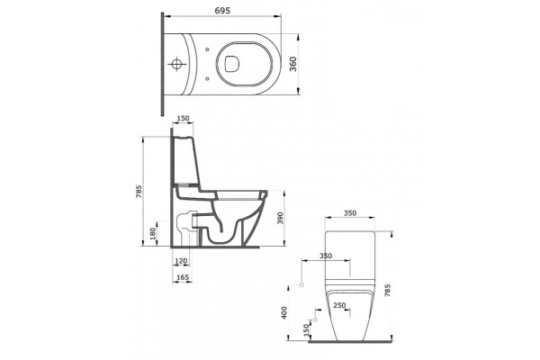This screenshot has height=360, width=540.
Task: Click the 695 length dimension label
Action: coord(222,11)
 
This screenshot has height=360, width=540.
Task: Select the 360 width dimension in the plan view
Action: coord(292,64)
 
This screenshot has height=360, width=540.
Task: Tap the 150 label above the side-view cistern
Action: coord(183,119)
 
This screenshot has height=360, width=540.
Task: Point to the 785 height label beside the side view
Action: coord(138,192)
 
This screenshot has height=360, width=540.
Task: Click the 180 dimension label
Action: coord(153,234)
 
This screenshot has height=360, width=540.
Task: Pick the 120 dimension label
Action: coord(181,261)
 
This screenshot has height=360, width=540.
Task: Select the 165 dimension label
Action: coord(183,277)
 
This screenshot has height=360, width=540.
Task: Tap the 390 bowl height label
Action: coord(280,219)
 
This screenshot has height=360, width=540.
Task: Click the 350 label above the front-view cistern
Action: coord(350,213)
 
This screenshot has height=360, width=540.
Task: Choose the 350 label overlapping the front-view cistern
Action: coord(326,256)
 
